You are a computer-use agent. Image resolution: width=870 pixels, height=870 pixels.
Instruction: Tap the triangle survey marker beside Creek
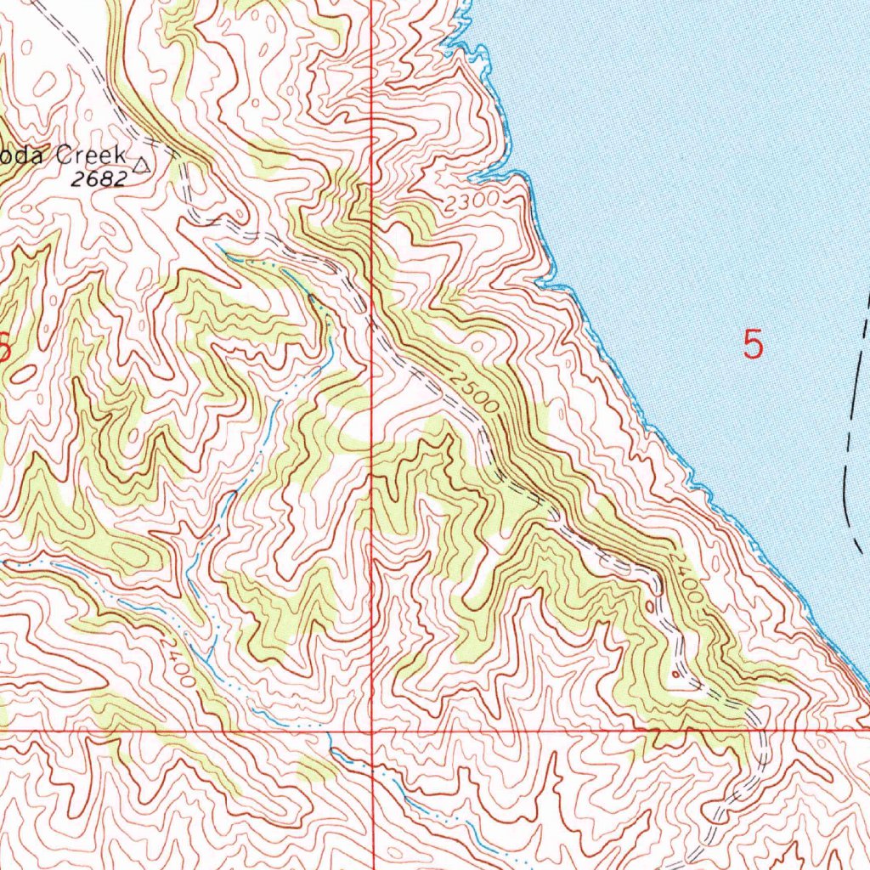click(142, 165)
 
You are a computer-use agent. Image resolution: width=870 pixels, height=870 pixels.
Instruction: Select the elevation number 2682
click(99, 178)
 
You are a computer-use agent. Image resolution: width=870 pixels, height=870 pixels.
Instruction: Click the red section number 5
click(753, 345)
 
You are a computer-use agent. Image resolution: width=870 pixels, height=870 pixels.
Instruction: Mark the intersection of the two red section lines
click(372, 730)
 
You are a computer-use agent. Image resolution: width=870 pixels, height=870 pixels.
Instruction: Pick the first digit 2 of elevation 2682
click(76, 178)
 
